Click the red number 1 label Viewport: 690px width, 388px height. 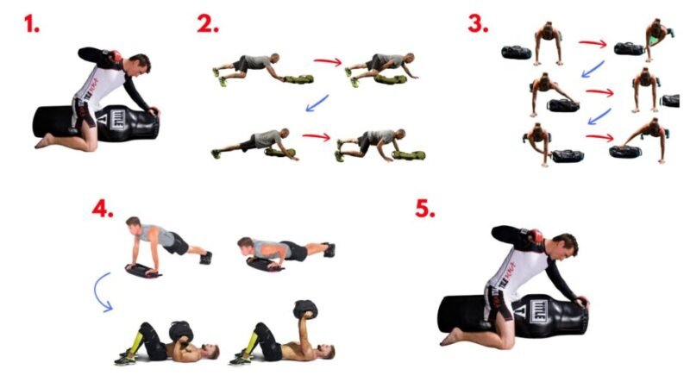(31, 24)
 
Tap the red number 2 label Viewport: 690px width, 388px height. (207, 24)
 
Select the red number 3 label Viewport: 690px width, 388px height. (478, 24)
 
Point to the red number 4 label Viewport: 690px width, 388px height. (103, 209)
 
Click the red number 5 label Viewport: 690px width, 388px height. (425, 209)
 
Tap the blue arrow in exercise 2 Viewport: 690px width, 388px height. (317, 103)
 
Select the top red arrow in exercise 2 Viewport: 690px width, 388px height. (328, 61)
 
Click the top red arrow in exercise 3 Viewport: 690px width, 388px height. (593, 44)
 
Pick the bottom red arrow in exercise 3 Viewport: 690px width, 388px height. (599, 138)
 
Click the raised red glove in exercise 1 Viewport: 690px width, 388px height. (116, 56)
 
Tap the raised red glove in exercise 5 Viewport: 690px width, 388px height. (534, 235)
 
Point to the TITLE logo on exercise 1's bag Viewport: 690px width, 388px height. (117, 120)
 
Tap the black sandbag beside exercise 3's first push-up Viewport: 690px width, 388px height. (516, 53)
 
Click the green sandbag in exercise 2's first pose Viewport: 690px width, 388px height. (298, 79)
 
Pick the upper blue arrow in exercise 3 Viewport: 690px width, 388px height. (593, 70)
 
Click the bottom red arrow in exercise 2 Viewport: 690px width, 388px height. (317, 137)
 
